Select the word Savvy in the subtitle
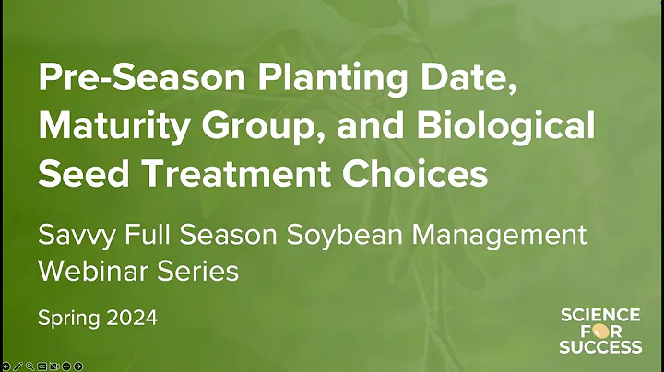(x=71, y=235)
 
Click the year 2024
(x=129, y=319)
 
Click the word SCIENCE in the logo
(x=600, y=316)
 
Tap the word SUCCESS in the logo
(x=600, y=347)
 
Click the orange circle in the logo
(x=601, y=331)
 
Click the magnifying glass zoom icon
(x=30, y=366)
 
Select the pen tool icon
(x=18, y=366)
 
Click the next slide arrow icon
(x=78, y=366)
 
